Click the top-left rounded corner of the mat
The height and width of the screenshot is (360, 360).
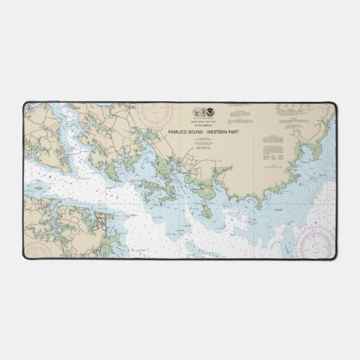pos(25,104)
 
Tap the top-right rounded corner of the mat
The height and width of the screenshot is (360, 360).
pos(334,104)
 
